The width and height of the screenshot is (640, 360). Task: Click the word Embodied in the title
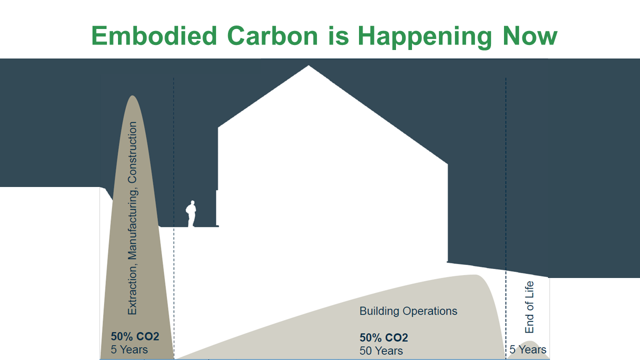point(154,36)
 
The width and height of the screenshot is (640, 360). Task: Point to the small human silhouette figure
point(190,214)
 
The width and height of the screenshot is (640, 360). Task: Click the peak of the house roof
point(309,66)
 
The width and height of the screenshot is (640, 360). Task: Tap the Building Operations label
point(408,311)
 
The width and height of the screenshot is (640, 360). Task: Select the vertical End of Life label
point(529,307)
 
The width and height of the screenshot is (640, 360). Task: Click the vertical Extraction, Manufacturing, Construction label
point(132,218)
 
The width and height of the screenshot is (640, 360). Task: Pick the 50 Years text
point(381,350)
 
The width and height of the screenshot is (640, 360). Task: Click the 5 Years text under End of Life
point(528,349)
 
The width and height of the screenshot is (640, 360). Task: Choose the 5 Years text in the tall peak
point(129,349)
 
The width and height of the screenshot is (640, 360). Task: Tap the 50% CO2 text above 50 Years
point(383,337)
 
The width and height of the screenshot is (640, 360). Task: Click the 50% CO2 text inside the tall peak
point(135,336)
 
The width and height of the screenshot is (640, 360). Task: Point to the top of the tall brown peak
point(132,96)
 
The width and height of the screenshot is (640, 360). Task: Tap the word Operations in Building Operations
point(431,311)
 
